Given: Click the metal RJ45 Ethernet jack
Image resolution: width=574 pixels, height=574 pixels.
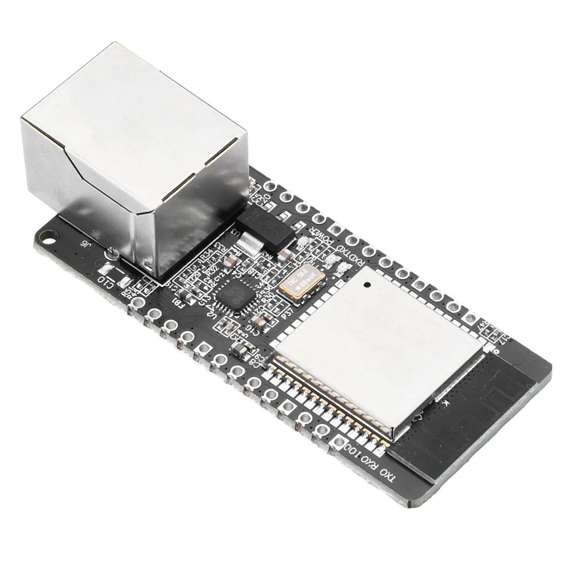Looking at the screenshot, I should point(135,155).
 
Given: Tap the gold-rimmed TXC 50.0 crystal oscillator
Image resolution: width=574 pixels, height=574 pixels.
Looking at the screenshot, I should point(302,282).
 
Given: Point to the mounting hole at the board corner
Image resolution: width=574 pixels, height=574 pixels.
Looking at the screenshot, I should point(48,235).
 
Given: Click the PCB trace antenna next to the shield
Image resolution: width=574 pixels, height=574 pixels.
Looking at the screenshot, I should point(471,419).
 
